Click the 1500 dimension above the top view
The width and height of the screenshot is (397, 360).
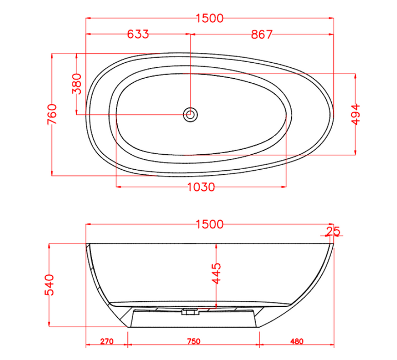click(210, 19)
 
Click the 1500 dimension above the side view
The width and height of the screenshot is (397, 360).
click(210, 225)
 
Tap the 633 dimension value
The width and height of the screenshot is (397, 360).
click(138, 34)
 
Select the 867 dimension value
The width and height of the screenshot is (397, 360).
click(262, 34)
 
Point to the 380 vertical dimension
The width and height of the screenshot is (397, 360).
click(77, 84)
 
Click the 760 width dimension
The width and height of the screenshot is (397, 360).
click(52, 114)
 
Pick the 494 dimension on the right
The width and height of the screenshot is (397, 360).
click(356, 115)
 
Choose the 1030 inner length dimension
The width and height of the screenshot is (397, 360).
click(201, 187)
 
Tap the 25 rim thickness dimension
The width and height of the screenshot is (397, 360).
click(333, 231)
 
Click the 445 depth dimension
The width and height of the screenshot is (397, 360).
click(216, 274)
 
